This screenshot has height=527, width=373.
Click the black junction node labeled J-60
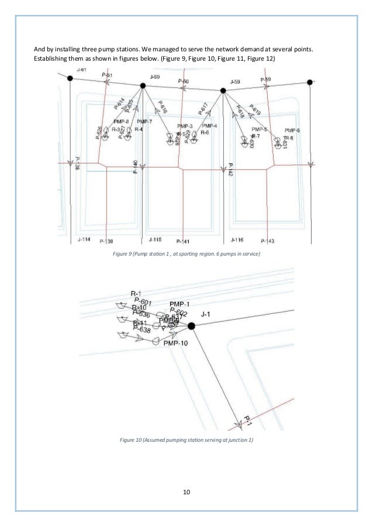pyautogui.click(x=143, y=85)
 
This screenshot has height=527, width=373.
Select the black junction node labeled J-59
pyautogui.click(x=223, y=90)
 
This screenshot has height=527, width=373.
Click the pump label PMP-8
pyautogui.click(x=121, y=121)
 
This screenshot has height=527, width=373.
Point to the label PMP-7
pyautogui.click(x=144, y=121)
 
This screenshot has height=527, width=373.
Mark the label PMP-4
pyautogui.click(x=209, y=126)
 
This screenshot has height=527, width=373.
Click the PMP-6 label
pyautogui.click(x=292, y=130)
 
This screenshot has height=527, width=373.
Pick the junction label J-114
pyautogui.click(x=84, y=240)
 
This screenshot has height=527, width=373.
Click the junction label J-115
pyautogui.click(x=155, y=240)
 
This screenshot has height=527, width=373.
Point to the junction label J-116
pyautogui.click(x=237, y=240)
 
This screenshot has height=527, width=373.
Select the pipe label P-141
pyautogui.click(x=182, y=241)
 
